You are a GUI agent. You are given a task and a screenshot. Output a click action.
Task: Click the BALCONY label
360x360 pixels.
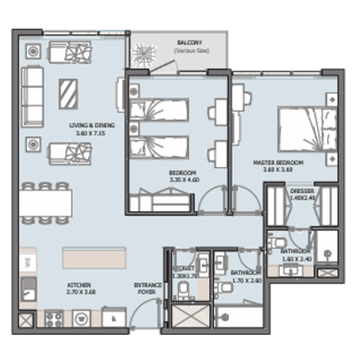click(x=189, y=42)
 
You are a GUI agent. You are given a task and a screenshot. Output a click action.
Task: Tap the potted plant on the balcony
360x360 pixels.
click(x=143, y=54)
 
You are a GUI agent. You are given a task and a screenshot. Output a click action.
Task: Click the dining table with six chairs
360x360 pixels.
click(x=47, y=203)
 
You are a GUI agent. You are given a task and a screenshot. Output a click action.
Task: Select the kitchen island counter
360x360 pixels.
click(x=94, y=258)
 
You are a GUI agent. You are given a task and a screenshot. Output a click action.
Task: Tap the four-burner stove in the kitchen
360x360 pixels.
click(x=54, y=318)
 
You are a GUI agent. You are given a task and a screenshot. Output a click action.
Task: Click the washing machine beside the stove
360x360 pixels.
click(x=81, y=318)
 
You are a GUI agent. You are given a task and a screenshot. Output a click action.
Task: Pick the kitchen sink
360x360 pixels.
click(x=27, y=289)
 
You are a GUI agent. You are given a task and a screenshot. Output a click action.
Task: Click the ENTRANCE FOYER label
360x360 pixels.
click(x=148, y=289)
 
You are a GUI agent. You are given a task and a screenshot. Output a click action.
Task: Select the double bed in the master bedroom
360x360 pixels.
click(x=307, y=130)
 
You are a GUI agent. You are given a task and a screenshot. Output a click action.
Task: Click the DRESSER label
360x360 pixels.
click(x=302, y=192)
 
